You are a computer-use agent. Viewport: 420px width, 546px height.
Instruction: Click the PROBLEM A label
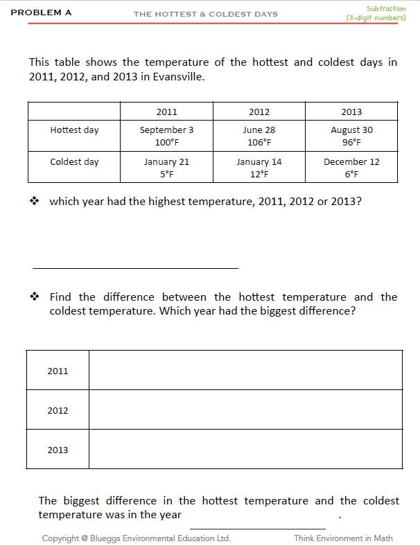pyautogui.click(x=41, y=12)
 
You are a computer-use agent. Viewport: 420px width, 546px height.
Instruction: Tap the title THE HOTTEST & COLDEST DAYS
pyautogui.click(x=205, y=14)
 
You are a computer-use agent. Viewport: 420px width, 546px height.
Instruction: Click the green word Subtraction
pyautogui.click(x=386, y=8)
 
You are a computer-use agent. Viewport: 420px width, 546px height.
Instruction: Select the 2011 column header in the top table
pyautogui.click(x=166, y=112)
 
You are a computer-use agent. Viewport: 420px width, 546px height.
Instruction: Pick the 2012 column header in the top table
pyautogui.click(x=259, y=112)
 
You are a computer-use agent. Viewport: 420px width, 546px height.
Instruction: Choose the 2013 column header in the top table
pyautogui.click(x=351, y=112)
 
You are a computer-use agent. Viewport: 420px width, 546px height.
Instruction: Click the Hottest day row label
pyautogui.click(x=74, y=130)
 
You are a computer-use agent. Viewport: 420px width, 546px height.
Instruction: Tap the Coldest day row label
pyautogui.click(x=74, y=161)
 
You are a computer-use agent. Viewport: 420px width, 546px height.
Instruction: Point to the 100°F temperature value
pyautogui.click(x=166, y=143)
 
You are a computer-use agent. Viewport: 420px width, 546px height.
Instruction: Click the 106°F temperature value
pyautogui.click(x=259, y=143)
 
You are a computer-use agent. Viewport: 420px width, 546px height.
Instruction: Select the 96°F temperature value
pyautogui.click(x=351, y=143)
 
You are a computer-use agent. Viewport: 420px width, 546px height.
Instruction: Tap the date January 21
pyautogui.click(x=166, y=161)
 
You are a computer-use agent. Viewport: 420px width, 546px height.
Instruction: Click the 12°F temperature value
pyautogui.click(x=259, y=175)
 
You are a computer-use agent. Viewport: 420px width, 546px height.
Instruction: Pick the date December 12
pyautogui.click(x=351, y=161)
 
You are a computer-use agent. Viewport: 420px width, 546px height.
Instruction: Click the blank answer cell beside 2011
pyautogui.click(x=245, y=370)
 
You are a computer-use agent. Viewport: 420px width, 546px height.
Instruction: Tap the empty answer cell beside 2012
pyautogui.click(x=245, y=409)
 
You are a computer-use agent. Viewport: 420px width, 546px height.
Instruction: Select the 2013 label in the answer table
pyautogui.click(x=58, y=450)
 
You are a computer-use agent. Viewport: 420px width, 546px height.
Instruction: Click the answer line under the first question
pyautogui.click(x=135, y=267)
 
